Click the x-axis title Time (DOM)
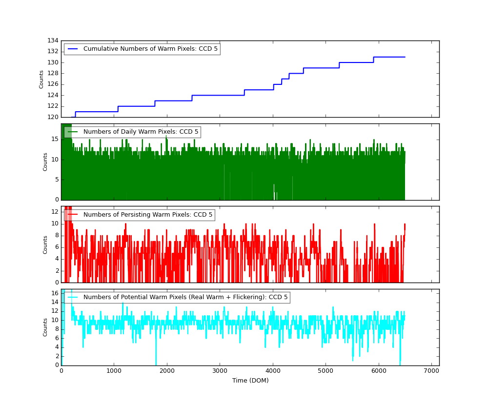point(250,381)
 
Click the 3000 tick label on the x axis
point(220,371)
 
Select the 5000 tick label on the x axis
point(325,371)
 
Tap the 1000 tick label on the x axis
point(114,371)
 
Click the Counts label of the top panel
point(42,79)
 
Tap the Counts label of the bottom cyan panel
point(45,327)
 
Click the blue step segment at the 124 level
point(218,95)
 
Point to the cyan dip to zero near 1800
point(156,364)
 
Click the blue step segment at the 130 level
point(356,62)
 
